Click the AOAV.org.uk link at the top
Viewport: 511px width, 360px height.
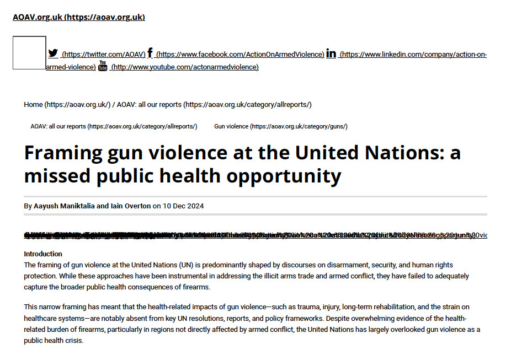(x=78, y=17)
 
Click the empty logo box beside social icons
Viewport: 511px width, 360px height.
(x=29, y=53)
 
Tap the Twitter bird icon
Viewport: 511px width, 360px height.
(x=53, y=53)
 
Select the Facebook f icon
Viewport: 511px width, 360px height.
(x=150, y=53)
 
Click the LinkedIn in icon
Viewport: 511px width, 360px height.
(x=331, y=53)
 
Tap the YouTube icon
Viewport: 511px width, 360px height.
(x=103, y=66)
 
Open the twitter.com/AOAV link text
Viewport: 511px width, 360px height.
(x=103, y=55)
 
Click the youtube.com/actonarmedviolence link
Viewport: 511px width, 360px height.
(x=184, y=67)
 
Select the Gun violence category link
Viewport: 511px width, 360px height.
(x=280, y=126)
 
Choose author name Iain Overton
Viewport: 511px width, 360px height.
(x=131, y=206)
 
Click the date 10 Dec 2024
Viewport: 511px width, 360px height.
(x=183, y=206)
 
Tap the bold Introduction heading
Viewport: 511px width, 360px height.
(x=43, y=254)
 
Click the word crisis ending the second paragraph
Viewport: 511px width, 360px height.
(x=73, y=341)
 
